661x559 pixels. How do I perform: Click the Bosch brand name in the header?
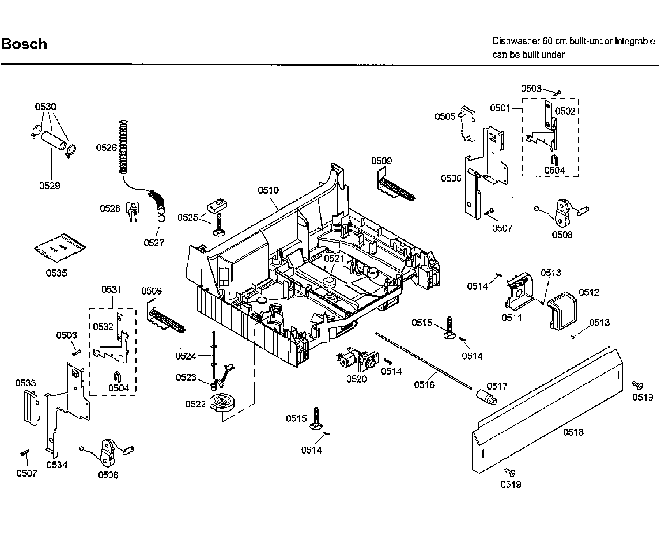[x=24, y=44]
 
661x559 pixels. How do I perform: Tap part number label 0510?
[x=268, y=190]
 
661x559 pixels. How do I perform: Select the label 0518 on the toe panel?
[x=573, y=432]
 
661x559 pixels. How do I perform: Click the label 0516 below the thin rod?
[x=424, y=385]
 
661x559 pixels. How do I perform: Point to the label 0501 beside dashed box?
[x=500, y=108]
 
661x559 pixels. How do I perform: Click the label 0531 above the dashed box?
[x=111, y=290]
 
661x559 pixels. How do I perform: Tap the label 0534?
[x=57, y=465]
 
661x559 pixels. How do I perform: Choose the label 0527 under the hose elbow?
[x=154, y=243]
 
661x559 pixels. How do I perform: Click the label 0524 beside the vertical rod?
[x=186, y=356]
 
